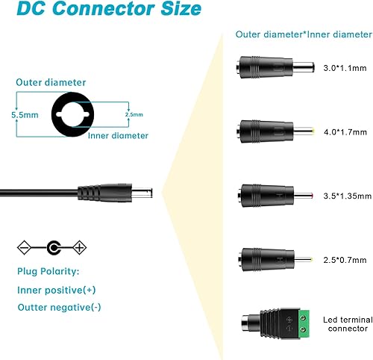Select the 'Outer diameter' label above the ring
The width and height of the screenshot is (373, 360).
pyautogui.click(x=50, y=82)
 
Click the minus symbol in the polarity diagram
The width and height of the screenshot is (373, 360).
pyautogui.click(x=24, y=246)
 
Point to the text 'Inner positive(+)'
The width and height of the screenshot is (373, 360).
pyautogui.click(x=55, y=290)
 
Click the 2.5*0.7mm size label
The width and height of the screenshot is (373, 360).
pyautogui.click(x=343, y=260)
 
